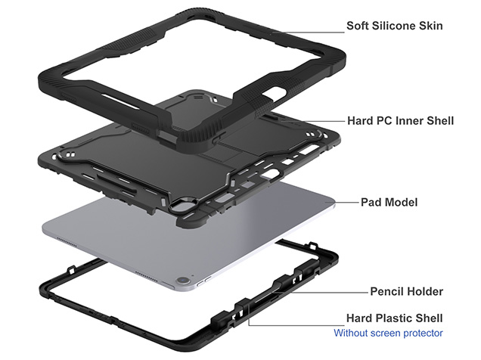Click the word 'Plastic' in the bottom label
coord(399,318)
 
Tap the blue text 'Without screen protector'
coord(389,333)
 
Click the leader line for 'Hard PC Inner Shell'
coord(325,121)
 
